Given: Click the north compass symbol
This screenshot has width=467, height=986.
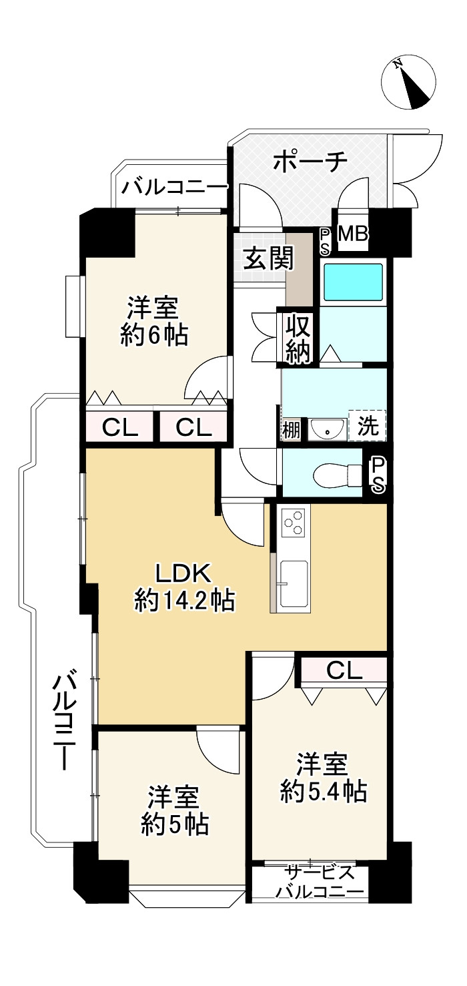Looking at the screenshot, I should pyautogui.click(x=408, y=83).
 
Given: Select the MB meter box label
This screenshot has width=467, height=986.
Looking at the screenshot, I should pyautogui.click(x=353, y=234).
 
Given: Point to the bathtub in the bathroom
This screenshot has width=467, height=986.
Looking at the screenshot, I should pyautogui.click(x=353, y=282).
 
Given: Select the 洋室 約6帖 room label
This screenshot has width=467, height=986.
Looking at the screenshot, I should pyautogui.click(x=154, y=321).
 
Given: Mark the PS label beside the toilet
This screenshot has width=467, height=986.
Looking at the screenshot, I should pyautogui.click(x=378, y=475).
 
